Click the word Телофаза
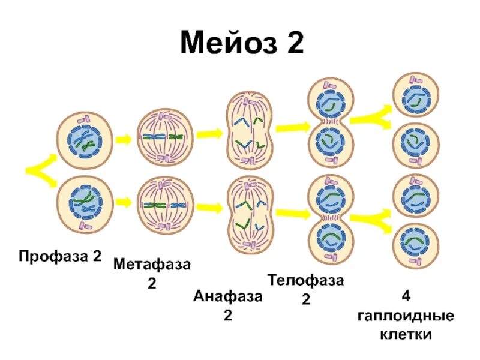click(306, 280)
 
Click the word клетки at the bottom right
click(406, 334)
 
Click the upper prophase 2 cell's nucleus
click(85, 142)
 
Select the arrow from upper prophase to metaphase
click(124, 139)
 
